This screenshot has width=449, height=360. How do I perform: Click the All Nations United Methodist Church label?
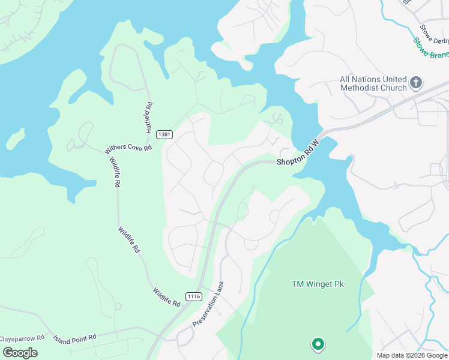point(373,83)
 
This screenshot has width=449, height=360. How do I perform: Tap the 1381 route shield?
point(165,134)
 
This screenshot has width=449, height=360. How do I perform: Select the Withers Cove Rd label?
point(128,147)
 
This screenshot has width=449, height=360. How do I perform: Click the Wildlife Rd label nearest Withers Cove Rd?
point(114,173)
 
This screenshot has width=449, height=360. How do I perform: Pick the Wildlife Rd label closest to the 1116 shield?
point(166,297)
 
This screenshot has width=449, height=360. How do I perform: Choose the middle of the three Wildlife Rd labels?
point(129,239)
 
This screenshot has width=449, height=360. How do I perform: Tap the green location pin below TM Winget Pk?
point(318,344)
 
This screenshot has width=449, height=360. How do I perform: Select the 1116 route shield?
point(193,296)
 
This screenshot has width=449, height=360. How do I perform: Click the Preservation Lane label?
point(208,304)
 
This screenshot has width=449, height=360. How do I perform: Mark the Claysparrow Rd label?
point(23,338)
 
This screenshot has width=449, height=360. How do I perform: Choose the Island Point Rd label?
point(74,337)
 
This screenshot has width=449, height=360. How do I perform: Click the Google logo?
point(19,352)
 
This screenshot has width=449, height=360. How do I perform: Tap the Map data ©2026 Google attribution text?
point(411,355)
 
